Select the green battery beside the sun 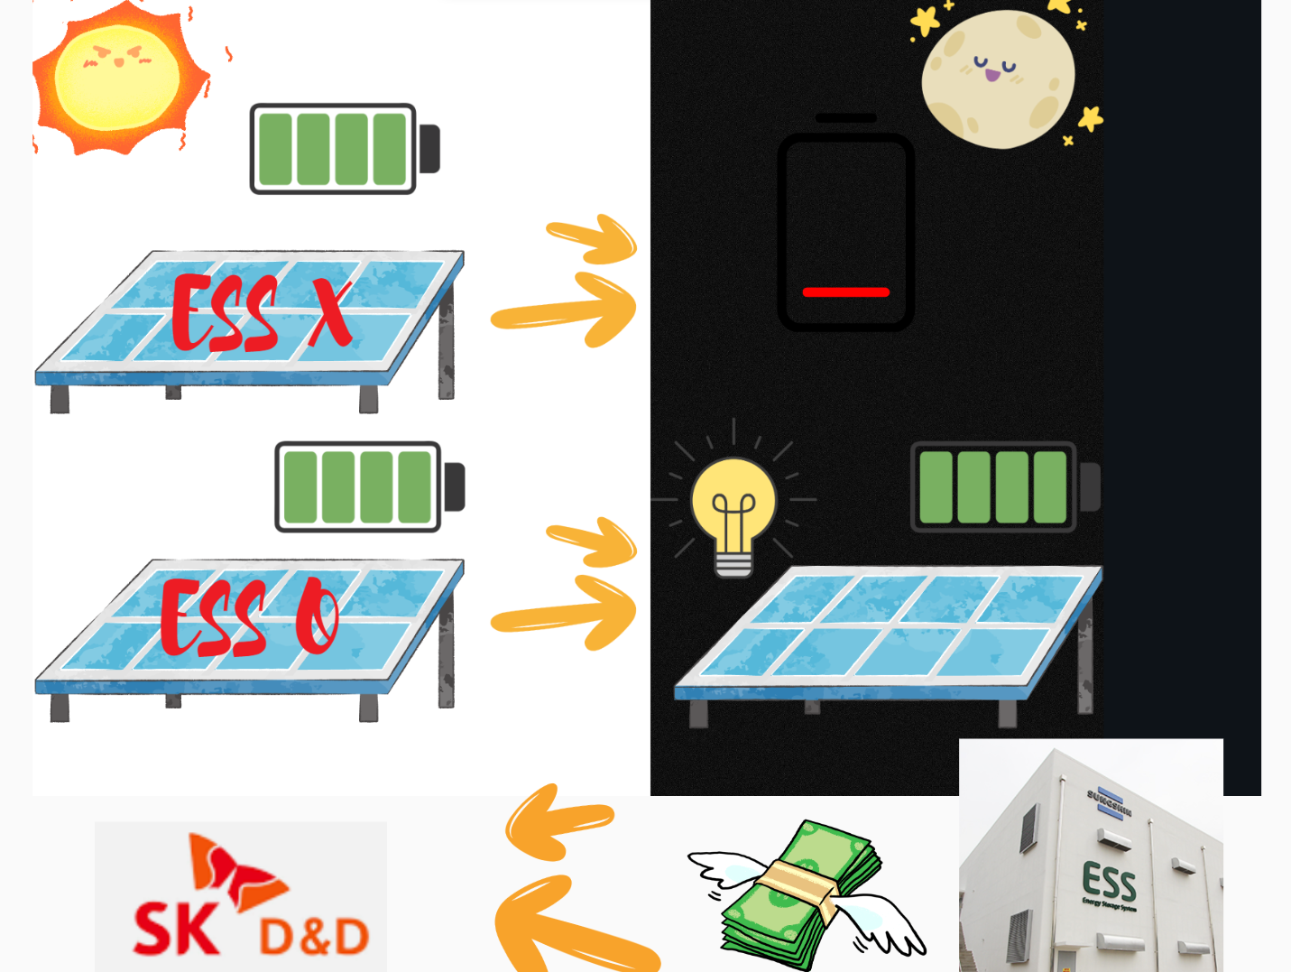click(x=333, y=149)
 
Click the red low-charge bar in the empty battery click(x=845, y=292)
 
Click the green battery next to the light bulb click(x=993, y=487)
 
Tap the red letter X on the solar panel click(x=330, y=310)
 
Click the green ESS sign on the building click(x=1109, y=880)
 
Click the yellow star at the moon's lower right click(x=1091, y=118)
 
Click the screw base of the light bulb click(x=733, y=563)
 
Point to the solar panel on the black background click(x=889, y=632)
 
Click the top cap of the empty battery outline click(x=845, y=118)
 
